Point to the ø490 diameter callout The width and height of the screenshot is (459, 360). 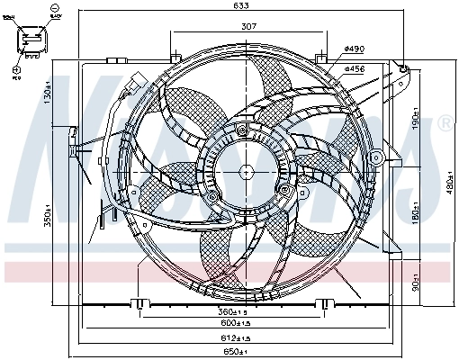tap(353, 48)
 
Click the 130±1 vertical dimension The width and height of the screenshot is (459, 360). tap(45, 94)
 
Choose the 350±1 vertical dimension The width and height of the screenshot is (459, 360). tap(45, 218)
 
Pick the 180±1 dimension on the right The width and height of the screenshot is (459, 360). tap(416, 217)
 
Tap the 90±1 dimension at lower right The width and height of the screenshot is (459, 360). tap(416, 281)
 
